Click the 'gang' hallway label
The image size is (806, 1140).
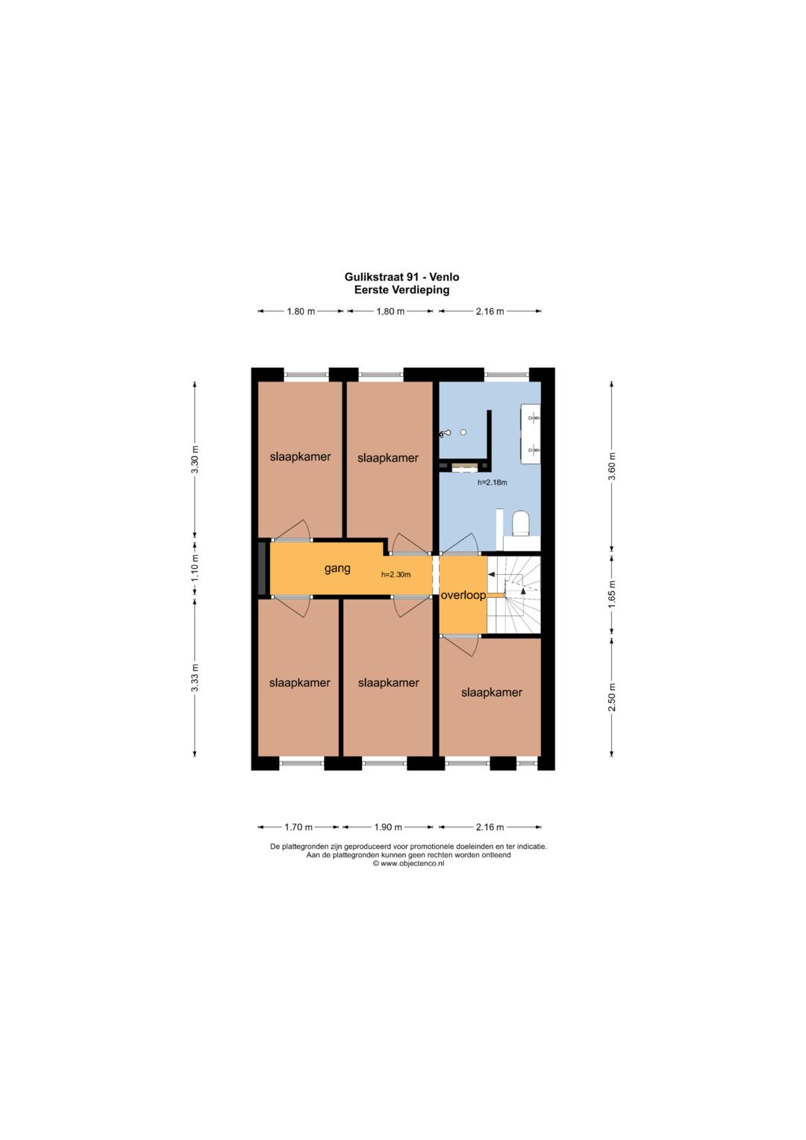click(x=337, y=569)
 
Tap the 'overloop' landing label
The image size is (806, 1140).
click(x=463, y=595)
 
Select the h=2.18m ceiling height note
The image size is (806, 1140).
click(x=492, y=482)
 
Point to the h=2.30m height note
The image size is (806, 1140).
click(x=396, y=575)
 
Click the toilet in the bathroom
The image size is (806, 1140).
click(x=521, y=523)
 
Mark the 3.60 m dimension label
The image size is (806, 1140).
click(x=612, y=466)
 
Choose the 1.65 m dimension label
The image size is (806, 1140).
click(x=612, y=594)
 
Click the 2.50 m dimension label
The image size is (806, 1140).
click(x=612, y=697)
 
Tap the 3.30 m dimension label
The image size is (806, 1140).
click(x=195, y=460)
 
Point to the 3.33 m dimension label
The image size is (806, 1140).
click(x=195, y=679)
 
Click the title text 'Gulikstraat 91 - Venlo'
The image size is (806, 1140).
click(x=402, y=277)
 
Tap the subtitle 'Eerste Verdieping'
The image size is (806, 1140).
click(x=402, y=290)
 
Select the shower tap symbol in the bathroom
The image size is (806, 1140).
click(x=446, y=434)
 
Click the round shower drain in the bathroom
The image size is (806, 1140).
click(x=463, y=432)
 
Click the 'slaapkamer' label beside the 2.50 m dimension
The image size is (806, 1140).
click(x=492, y=693)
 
